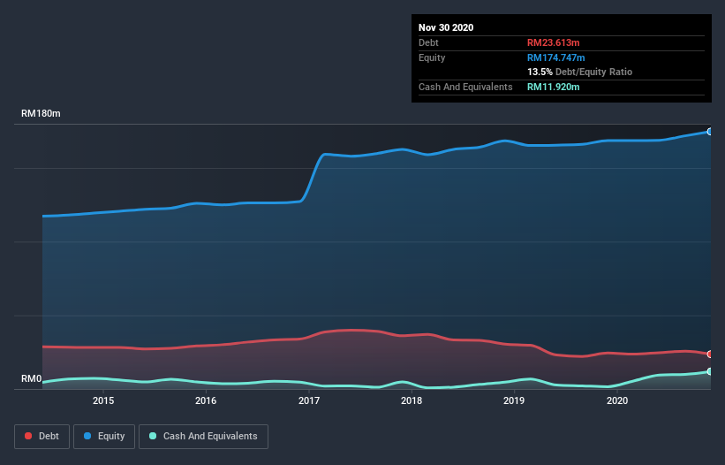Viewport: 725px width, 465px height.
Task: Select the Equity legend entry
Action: (103, 436)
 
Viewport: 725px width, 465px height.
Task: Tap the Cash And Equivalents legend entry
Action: (203, 436)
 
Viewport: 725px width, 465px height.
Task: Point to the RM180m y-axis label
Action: (41, 114)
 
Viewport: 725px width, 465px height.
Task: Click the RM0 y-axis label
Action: (32, 379)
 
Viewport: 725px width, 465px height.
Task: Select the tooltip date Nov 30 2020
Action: (446, 27)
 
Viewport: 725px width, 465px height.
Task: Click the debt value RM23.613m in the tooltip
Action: (553, 42)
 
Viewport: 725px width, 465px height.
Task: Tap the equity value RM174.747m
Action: (556, 57)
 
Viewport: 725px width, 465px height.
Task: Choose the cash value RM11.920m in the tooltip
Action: (553, 87)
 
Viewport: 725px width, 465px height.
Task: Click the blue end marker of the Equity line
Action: (709, 132)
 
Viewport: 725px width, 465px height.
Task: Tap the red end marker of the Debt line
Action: (709, 354)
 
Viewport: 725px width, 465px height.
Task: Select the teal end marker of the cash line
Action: (709, 372)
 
